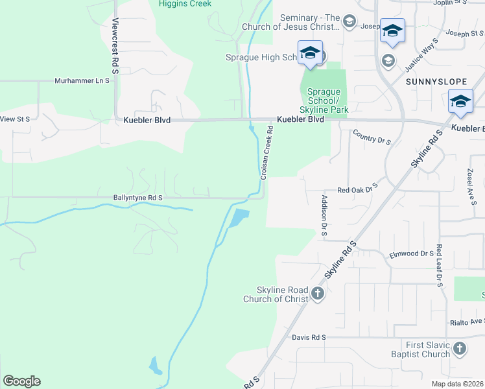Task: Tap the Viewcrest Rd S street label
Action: (x=115, y=45)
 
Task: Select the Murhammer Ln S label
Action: (x=82, y=82)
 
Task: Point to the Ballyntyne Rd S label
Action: (x=129, y=197)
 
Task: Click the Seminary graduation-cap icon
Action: (x=349, y=22)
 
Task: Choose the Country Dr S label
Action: (x=372, y=137)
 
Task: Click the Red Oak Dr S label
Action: (x=357, y=190)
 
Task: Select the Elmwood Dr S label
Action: (x=411, y=254)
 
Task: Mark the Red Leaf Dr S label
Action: (x=439, y=266)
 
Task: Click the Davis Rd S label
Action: (x=309, y=338)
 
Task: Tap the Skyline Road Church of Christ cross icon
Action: (x=317, y=294)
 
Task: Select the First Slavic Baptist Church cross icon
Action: (x=459, y=349)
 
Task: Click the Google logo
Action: (x=21, y=381)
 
